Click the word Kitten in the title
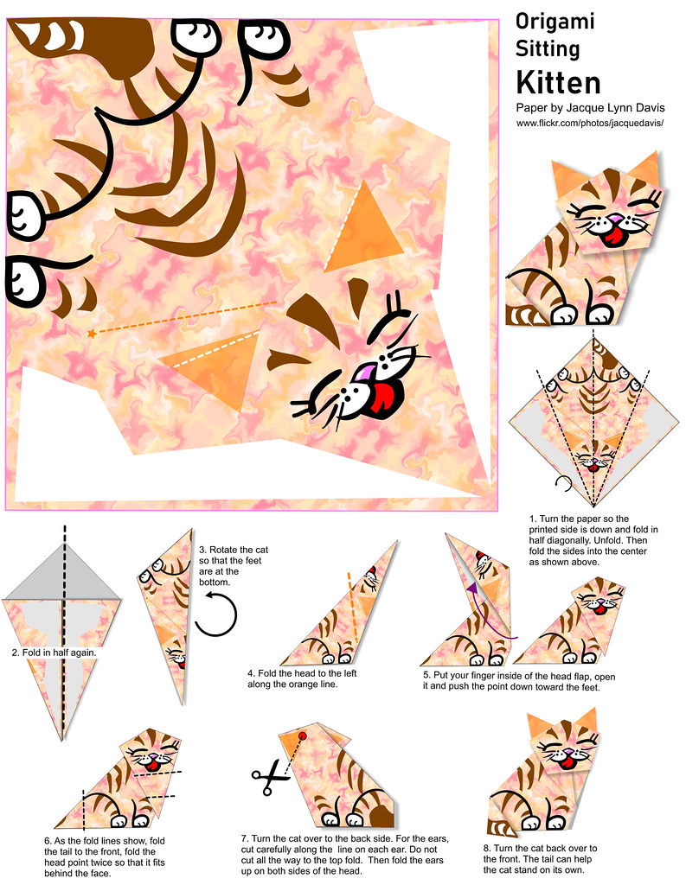click(558, 82)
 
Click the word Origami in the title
click(555, 22)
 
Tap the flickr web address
click(589, 123)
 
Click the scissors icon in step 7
click(270, 777)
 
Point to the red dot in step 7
click(302, 735)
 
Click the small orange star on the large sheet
click(92, 334)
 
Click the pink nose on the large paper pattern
click(362, 373)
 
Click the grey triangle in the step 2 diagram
click(62, 572)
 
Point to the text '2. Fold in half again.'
click(54, 653)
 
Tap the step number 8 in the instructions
click(486, 848)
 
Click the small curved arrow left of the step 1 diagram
click(563, 482)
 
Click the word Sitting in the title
click(548, 49)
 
